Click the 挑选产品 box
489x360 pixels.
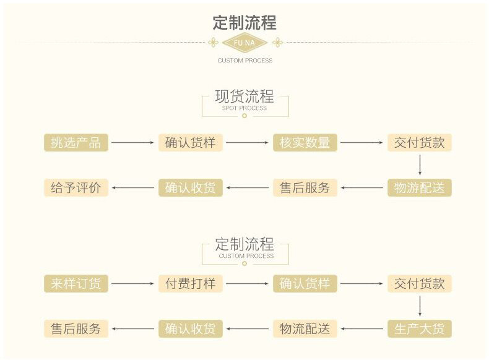[x=76, y=142]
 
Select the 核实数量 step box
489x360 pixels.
[x=305, y=142]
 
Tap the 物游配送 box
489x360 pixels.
[x=419, y=187]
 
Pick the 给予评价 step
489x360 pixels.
[x=76, y=187]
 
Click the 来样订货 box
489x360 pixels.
[x=76, y=284]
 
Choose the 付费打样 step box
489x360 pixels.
[x=190, y=284]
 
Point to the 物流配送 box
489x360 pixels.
[x=305, y=328]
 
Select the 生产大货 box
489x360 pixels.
[x=419, y=328]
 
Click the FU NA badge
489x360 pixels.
[x=244, y=43]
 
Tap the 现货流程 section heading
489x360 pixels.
[x=244, y=96]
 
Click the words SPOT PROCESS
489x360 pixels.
[x=244, y=108]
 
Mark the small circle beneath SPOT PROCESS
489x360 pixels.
[x=244, y=116]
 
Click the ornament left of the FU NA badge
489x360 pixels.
[x=213, y=43]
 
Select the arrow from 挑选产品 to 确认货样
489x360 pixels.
[x=132, y=142]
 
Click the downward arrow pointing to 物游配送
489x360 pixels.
[x=420, y=165]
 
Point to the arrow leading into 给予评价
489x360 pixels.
[x=132, y=187]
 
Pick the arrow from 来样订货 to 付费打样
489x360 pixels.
[x=132, y=284]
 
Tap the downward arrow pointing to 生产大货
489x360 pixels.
[x=420, y=306]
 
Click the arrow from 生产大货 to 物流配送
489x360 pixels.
[x=362, y=328]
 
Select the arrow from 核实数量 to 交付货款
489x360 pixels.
[x=362, y=142]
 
